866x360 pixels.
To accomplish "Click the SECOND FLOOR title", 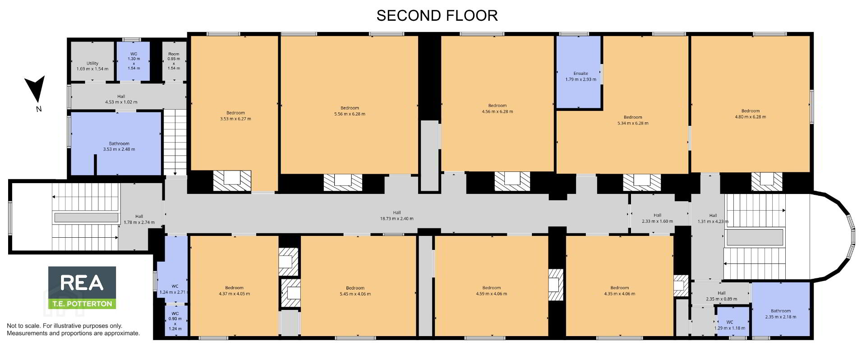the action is [437, 15].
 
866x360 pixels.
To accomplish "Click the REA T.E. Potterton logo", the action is [82, 287].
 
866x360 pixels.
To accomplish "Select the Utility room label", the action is [92, 66].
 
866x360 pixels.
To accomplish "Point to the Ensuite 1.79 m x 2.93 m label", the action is [580, 76].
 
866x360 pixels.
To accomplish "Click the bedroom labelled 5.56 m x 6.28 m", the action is [350, 105].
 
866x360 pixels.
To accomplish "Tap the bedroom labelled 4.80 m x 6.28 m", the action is [750, 104].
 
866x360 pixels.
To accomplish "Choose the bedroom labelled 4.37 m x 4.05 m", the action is [234, 286].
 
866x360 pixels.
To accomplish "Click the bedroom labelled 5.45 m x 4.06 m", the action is [358, 286].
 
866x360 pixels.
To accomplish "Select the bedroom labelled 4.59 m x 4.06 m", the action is [491, 286].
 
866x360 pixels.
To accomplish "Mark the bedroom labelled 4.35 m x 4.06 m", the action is [619, 286].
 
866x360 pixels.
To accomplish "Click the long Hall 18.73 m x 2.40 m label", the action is [396, 216].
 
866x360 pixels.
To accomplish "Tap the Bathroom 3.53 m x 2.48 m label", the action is [119, 146].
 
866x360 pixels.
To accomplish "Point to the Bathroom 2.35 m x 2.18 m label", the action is [781, 314].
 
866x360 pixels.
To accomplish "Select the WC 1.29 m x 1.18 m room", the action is [733, 321].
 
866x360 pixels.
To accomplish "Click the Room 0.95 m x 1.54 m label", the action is [174, 61].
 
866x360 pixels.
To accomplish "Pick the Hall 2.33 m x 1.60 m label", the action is [657, 218].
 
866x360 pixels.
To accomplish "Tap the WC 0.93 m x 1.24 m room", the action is [175, 320].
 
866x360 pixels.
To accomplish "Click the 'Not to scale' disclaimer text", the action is [73, 329].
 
